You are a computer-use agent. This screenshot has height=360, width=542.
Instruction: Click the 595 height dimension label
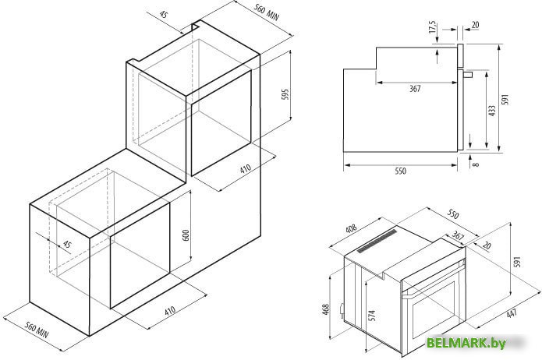(285, 94)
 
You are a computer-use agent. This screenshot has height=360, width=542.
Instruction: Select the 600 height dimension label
(186, 235)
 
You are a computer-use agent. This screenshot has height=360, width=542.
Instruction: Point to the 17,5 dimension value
(433, 27)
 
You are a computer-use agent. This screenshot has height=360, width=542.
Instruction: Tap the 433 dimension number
(492, 111)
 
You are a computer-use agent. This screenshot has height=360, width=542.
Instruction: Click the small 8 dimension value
(476, 164)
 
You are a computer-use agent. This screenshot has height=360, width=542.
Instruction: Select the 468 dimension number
(326, 309)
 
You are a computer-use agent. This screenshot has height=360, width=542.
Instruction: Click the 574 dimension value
(372, 316)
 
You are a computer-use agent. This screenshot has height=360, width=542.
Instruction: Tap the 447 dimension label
(512, 313)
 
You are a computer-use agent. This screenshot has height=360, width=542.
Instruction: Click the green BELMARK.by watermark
(466, 343)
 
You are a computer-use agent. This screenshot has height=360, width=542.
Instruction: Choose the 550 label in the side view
(400, 171)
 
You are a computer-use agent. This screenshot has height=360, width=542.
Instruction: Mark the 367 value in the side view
(415, 89)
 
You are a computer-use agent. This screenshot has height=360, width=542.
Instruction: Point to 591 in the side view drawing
(506, 100)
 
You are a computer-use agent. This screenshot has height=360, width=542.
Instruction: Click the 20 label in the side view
(475, 24)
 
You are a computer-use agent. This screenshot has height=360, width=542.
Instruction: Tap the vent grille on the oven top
(377, 241)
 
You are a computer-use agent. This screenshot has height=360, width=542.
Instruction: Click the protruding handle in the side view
(468, 74)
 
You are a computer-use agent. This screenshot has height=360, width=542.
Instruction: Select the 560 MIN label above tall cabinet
(267, 12)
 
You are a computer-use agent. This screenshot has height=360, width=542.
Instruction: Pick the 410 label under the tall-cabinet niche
(245, 169)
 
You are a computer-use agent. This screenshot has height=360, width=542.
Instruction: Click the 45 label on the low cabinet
(67, 244)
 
